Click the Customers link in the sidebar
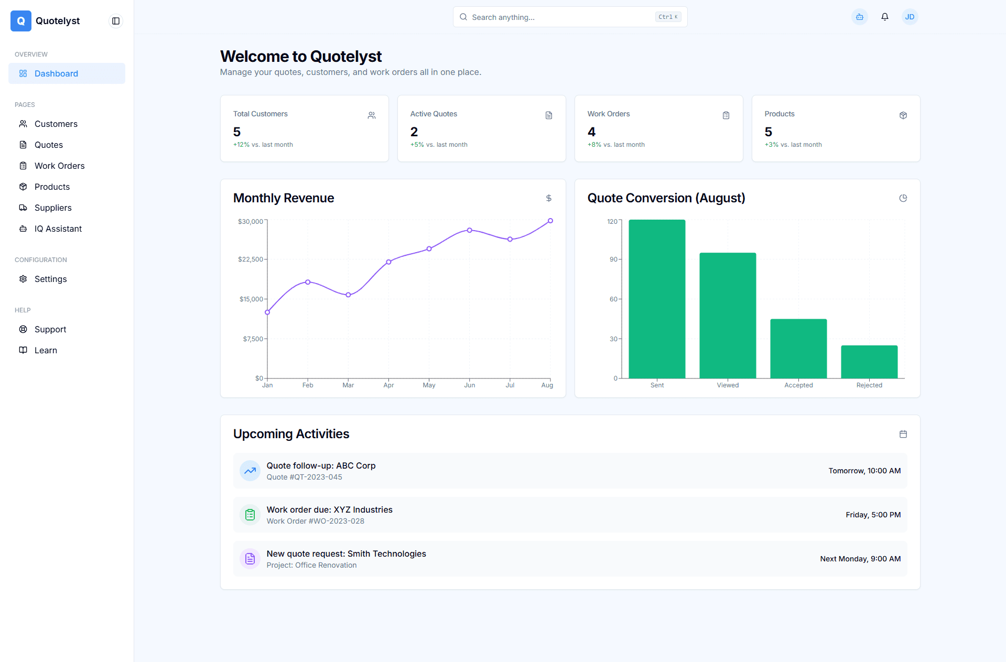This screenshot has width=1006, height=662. point(56,124)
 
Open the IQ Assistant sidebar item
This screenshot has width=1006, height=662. point(58,229)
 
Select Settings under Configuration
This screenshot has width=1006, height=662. point(50,279)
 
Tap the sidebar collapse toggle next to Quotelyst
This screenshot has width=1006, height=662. point(116,21)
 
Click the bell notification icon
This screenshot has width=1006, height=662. point(885,17)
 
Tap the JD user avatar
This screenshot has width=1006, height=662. point(910,17)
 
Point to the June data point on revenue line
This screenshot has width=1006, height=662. point(470,230)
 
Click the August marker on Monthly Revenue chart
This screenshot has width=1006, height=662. point(550,221)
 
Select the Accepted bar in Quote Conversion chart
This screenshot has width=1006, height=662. point(798,349)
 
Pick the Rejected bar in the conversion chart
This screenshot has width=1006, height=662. point(869,362)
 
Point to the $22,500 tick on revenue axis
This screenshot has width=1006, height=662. point(251,259)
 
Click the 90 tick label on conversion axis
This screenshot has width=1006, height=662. point(613,259)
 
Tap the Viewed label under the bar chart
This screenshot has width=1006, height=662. point(728,385)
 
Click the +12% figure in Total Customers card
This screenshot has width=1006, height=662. point(241,145)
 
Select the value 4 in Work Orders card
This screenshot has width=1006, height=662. point(591,132)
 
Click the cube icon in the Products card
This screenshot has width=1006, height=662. point(903,115)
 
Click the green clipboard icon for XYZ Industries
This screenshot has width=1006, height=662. point(250,515)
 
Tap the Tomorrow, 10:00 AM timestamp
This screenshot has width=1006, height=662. point(864,471)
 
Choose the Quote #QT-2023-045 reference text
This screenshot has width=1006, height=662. point(304,477)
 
